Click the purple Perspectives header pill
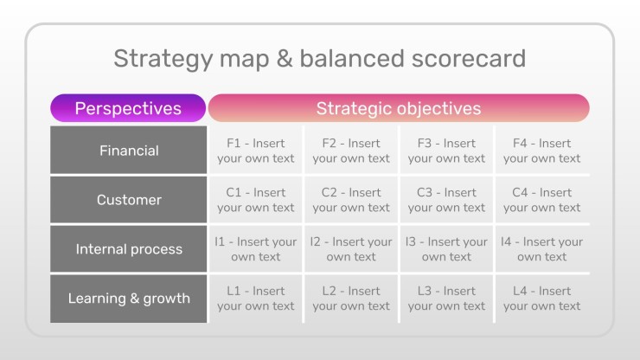[x=128, y=108]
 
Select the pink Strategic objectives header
[x=399, y=108]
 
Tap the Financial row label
[x=129, y=150]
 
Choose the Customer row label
[x=129, y=199]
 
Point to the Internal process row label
[x=129, y=249]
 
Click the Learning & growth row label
[x=129, y=299]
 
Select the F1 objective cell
[x=255, y=151]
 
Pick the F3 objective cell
[x=446, y=151]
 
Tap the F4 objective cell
[x=542, y=151]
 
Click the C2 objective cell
[x=351, y=200]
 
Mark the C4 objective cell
[x=542, y=200]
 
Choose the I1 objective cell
[x=255, y=249]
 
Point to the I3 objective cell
[x=446, y=249]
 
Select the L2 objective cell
[x=351, y=299]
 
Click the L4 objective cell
[x=542, y=299]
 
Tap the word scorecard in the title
[x=469, y=58]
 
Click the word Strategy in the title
[x=163, y=59]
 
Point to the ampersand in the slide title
[x=285, y=58]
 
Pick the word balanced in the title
[x=353, y=58]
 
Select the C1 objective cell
[x=255, y=200]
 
